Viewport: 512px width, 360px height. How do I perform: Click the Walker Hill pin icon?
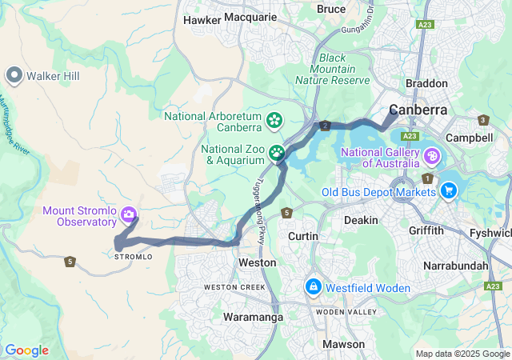coord(14,75)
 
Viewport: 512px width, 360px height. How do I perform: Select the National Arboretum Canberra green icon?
coord(274,121)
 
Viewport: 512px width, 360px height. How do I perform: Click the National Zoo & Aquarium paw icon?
coord(277,152)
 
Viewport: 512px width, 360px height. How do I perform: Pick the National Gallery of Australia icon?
coord(432,155)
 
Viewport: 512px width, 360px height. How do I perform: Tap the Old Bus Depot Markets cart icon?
coord(449,190)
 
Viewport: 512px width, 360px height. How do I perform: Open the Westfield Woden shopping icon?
coord(313,286)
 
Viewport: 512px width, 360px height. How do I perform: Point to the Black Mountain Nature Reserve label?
coord(332,69)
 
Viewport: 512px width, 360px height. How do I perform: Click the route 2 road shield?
coord(325,126)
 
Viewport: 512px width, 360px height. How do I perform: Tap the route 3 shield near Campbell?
coord(483,120)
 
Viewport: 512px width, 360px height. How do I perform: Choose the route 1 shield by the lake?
coord(429,178)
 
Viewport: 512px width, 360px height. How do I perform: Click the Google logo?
coord(26,350)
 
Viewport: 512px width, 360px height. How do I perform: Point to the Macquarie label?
coord(250,16)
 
